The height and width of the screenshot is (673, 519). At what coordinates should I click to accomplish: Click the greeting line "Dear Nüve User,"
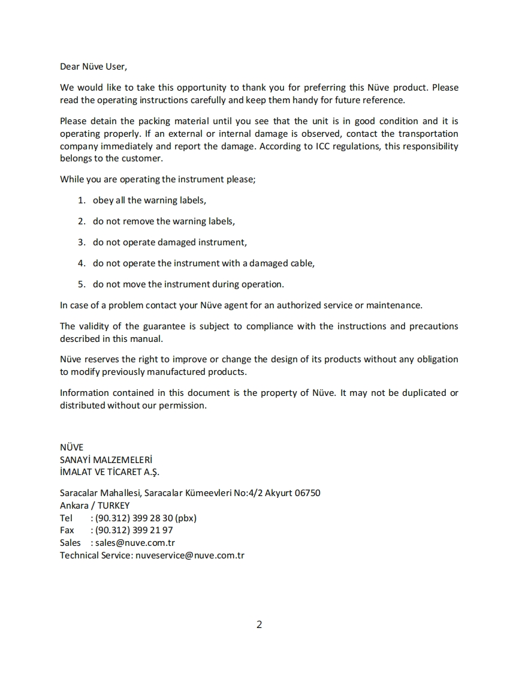click(x=93, y=66)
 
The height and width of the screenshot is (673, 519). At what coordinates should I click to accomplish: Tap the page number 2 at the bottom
click(x=259, y=624)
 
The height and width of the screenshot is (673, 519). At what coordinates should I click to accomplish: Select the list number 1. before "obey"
click(x=82, y=200)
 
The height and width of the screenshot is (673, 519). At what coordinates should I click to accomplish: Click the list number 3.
click(x=82, y=242)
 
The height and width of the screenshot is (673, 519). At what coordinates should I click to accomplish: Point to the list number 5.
click(x=82, y=284)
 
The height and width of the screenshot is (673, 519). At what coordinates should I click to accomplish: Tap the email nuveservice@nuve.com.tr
click(x=190, y=555)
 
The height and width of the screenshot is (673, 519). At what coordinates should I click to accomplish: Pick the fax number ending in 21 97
click(x=134, y=530)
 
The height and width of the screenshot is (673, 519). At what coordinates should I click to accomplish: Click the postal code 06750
click(x=307, y=493)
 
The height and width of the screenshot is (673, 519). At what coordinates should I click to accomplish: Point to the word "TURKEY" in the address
click(x=113, y=505)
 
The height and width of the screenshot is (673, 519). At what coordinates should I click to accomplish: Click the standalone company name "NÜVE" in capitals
click(x=71, y=447)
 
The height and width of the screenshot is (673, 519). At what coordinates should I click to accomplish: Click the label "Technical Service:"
click(x=96, y=555)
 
